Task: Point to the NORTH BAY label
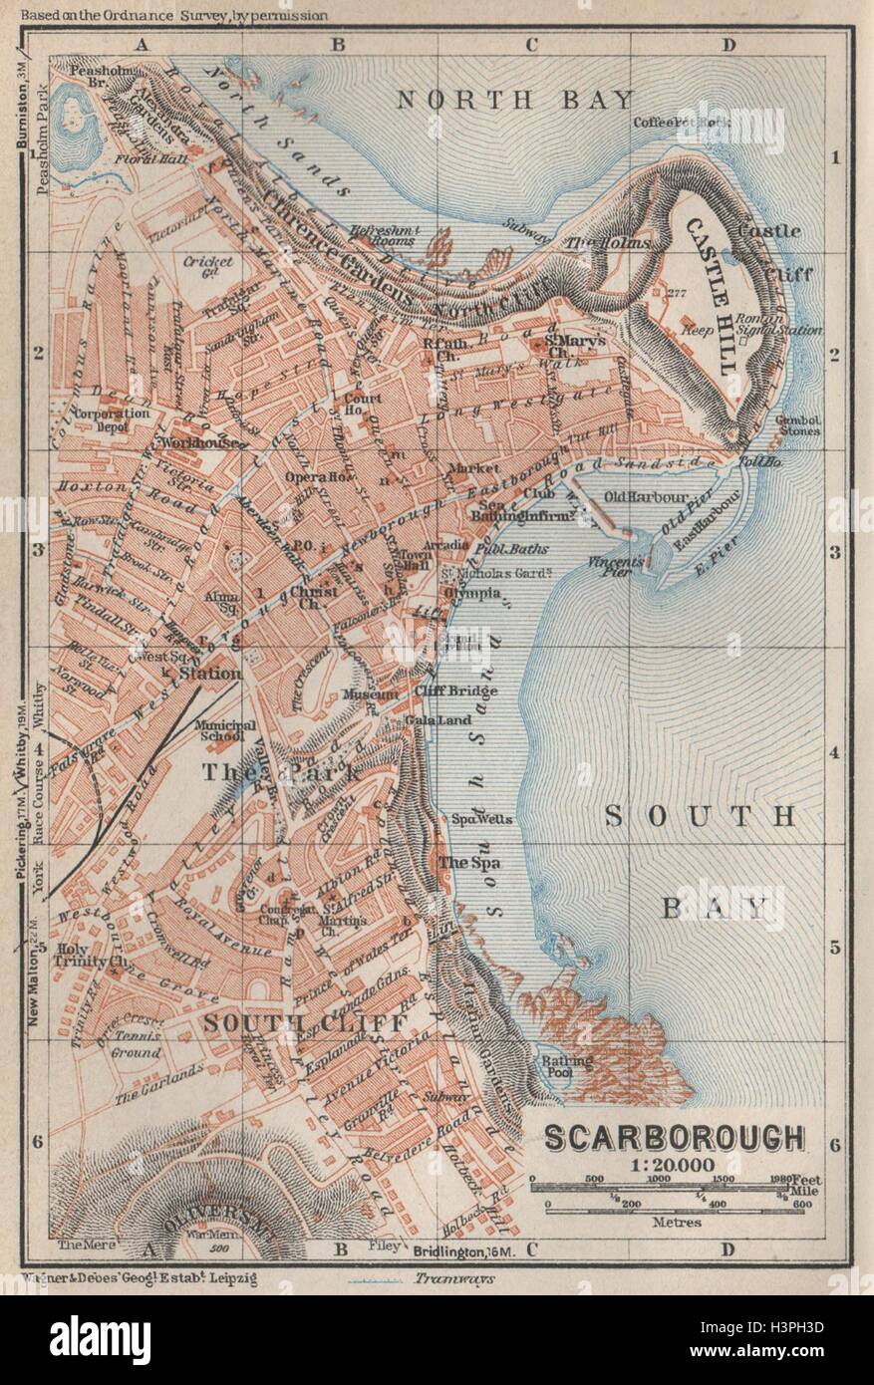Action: point(515,99)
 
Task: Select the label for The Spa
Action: point(469,863)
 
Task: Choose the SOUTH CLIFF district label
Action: point(304,1023)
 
